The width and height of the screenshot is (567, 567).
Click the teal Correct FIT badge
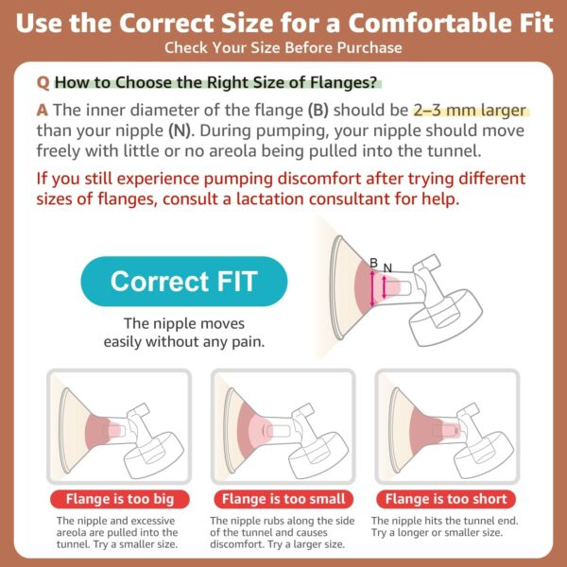point(184,282)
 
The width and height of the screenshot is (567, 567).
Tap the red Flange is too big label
point(120,499)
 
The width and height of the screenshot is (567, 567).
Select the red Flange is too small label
point(283,499)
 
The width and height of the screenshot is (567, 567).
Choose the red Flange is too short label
point(446,499)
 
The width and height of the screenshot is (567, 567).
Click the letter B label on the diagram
point(374,263)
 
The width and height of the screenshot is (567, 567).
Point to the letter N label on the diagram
point(387,268)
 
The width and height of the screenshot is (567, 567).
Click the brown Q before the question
point(43,83)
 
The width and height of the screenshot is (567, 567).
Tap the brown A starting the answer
point(43,111)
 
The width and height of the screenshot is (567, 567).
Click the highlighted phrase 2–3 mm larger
point(470,111)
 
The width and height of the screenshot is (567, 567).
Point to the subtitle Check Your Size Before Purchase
point(283,48)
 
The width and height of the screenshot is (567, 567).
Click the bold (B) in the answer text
point(318,111)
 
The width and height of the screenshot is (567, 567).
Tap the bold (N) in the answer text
point(180,130)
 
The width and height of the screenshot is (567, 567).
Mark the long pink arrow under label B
point(372,288)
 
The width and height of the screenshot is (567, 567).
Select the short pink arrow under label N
point(384,287)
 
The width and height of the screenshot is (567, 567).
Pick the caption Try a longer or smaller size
point(437,533)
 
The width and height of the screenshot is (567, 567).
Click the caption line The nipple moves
point(184,323)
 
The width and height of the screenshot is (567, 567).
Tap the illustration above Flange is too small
point(283,427)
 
